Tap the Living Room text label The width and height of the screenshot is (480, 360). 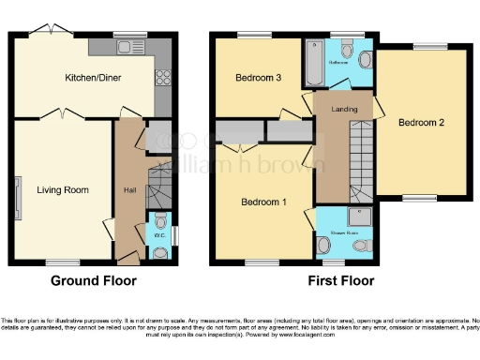(x=63, y=189)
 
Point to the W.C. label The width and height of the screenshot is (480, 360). (x=159, y=235)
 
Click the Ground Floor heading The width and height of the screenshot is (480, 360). (x=93, y=280)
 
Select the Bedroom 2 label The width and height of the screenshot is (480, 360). (x=419, y=122)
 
